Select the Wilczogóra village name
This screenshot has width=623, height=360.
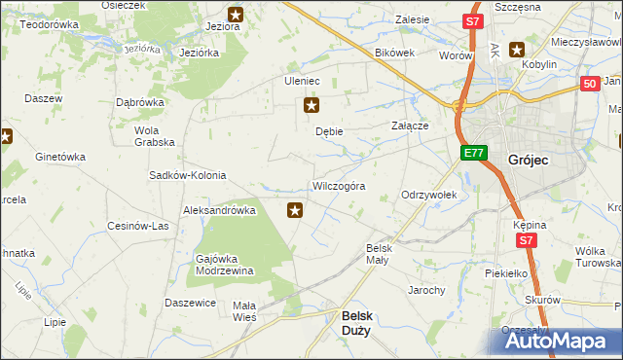[338, 186]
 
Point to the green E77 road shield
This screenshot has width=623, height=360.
[473, 153]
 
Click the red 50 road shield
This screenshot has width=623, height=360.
[589, 85]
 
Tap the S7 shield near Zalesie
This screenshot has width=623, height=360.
[472, 20]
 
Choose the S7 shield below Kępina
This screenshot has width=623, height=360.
[527, 239]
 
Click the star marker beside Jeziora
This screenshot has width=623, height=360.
[236, 14]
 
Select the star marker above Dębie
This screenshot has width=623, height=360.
[311, 105]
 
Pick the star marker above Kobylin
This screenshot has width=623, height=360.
[516, 50]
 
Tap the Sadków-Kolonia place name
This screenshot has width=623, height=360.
[187, 176]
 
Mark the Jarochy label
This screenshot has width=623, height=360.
[426, 290]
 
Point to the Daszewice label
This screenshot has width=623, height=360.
[190, 303]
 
